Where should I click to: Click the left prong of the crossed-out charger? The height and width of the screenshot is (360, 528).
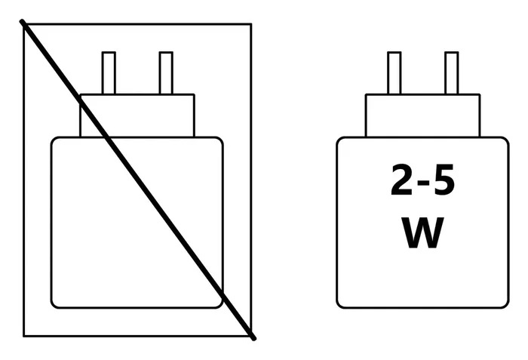coord(109,72)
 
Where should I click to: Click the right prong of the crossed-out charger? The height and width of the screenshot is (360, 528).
coord(166,72)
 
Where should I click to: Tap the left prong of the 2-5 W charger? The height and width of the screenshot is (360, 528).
coord(394,72)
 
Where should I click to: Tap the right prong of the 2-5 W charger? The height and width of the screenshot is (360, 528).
coord(452,72)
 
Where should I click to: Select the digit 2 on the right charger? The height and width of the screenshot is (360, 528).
coord(402,180)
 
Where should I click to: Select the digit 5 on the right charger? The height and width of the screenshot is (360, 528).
coord(444,180)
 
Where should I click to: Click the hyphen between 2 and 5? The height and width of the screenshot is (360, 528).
coord(423,183)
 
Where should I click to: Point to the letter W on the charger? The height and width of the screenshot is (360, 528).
coord(423,232)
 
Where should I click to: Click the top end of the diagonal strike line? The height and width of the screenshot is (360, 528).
coord(22,21)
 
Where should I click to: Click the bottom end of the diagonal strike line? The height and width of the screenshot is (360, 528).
coord(254,338)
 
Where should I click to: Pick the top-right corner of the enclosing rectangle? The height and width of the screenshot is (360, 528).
coord(251,24)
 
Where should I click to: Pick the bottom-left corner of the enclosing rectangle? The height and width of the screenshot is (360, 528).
coord(24,336)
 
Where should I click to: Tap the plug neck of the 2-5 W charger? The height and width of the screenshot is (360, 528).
coord(423,115)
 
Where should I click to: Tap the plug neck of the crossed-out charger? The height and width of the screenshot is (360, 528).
coord(137,115)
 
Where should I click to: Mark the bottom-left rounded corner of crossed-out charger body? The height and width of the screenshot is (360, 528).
coord(54,305)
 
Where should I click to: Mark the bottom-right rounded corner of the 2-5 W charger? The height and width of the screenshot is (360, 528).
coord(505,305)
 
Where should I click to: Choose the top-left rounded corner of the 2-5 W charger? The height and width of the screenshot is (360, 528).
coord(339,140)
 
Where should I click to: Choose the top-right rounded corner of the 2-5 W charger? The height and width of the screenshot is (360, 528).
coord(506,140)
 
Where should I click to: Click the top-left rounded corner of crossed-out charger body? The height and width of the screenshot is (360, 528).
coord(54,140)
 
